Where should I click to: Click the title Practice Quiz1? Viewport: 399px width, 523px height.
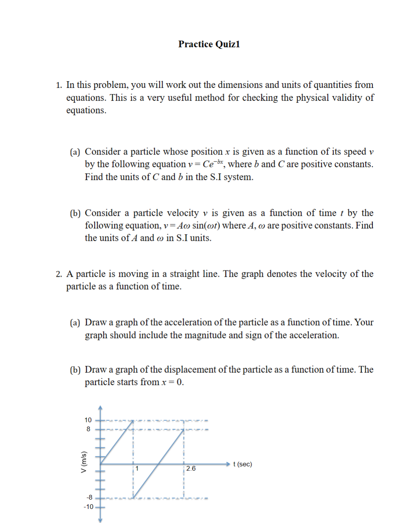pyautogui.click(x=209, y=44)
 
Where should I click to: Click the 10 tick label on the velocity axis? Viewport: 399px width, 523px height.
pyautogui.click(x=88, y=420)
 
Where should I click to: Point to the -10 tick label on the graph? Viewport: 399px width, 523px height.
pyautogui.click(x=88, y=507)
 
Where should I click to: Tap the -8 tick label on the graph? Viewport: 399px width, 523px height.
pyautogui.click(x=89, y=497)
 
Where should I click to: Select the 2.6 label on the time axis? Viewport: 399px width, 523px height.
pyautogui.click(x=191, y=468)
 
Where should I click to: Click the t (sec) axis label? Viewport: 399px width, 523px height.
pyautogui.click(x=242, y=464)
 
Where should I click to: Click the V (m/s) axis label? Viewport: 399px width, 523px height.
pyautogui.click(x=83, y=462)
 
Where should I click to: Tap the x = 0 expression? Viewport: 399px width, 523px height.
pyautogui.click(x=172, y=382)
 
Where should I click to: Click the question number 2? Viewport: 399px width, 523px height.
pyautogui.click(x=59, y=274)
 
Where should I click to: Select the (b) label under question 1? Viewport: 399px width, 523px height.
pyautogui.click(x=75, y=213)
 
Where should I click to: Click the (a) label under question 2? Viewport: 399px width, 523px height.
pyautogui.click(x=75, y=322)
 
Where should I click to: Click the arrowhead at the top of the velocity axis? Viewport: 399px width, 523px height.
pyautogui.click(x=100, y=407)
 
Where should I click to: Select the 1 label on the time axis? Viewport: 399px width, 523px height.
pyautogui.click(x=137, y=468)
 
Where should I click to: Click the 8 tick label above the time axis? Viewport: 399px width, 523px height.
pyautogui.click(x=88, y=429)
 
